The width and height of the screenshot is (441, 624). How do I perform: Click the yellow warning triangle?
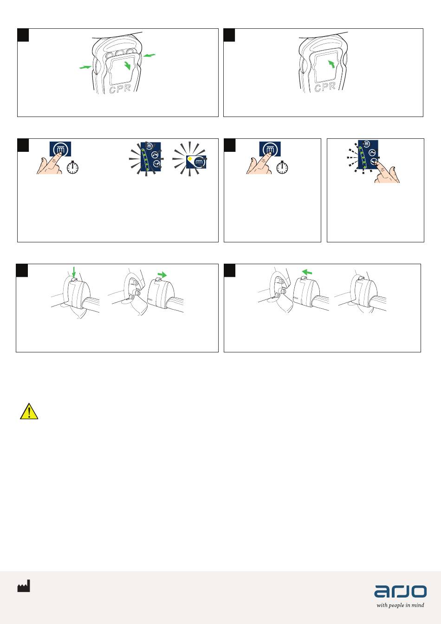(x=29, y=411)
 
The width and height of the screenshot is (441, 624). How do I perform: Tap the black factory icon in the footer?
(x=24, y=585)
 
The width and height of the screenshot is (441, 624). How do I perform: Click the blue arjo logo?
(x=400, y=591)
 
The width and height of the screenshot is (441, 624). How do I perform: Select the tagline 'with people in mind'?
(x=400, y=605)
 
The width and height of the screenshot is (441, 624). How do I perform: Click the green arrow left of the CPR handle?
(x=85, y=67)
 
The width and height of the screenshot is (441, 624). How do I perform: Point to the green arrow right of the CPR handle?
(x=149, y=55)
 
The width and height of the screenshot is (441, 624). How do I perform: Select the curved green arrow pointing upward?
(x=331, y=64)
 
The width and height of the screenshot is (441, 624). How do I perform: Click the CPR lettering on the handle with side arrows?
(x=120, y=89)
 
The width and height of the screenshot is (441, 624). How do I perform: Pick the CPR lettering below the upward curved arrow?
(x=325, y=87)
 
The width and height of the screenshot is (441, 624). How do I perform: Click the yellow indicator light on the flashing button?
(x=190, y=159)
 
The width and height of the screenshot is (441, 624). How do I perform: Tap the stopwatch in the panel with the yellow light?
(x=72, y=168)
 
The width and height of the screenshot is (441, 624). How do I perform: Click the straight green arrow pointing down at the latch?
(x=74, y=271)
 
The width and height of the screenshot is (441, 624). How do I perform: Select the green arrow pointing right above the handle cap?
(x=162, y=275)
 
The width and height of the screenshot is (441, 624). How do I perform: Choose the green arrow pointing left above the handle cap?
(x=307, y=272)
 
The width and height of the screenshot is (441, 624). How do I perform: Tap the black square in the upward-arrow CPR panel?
(x=229, y=35)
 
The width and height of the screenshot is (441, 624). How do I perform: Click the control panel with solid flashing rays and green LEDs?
(x=151, y=157)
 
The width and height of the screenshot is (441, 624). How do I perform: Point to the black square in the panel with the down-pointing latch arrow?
(x=22, y=271)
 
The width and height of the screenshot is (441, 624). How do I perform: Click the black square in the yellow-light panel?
(x=23, y=145)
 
